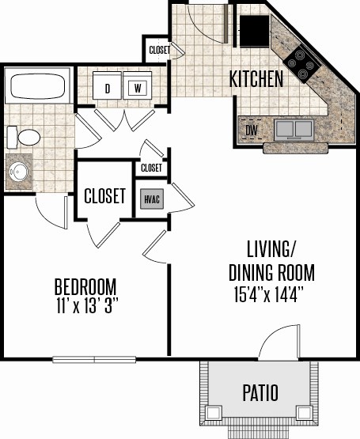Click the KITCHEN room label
pyautogui.click(x=256, y=79)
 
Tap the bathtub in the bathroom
pyautogui.click(x=37, y=86)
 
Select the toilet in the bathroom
pyautogui.click(x=24, y=137)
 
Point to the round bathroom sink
pyautogui.click(x=19, y=172)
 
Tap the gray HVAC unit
pyautogui.click(x=152, y=199)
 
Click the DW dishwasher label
pyautogui.click(x=252, y=131)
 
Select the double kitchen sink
pyautogui.click(x=294, y=129)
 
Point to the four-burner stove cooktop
pyautogui.click(x=301, y=64)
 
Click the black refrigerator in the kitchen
pyautogui.click(x=255, y=31)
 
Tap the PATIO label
pyautogui.click(x=260, y=393)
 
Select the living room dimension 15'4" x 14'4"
pyautogui.click(x=269, y=294)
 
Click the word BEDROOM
pyautogui.click(x=85, y=286)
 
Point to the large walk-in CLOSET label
pyautogui.click(x=104, y=195)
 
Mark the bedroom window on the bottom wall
pyautogui.click(x=94, y=359)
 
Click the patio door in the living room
pyautogui.click(x=279, y=342)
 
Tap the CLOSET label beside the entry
pyautogui.click(x=159, y=50)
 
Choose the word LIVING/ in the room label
pyautogui.click(x=271, y=249)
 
